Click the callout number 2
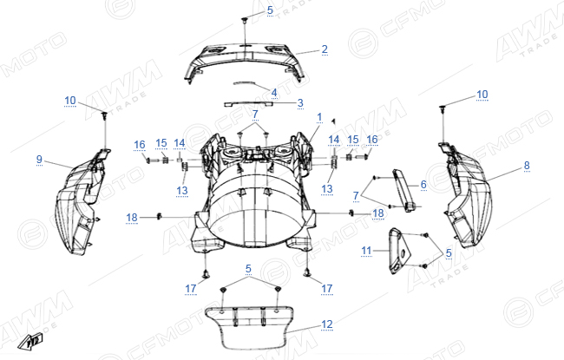click(x=325, y=49)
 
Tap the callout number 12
click(x=326, y=324)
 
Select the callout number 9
click(x=39, y=160)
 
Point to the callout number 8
click(x=527, y=166)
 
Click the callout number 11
click(x=366, y=251)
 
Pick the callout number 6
click(x=423, y=185)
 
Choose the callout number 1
click(x=319, y=117)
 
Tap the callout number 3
click(x=300, y=103)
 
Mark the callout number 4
click(x=274, y=93)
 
